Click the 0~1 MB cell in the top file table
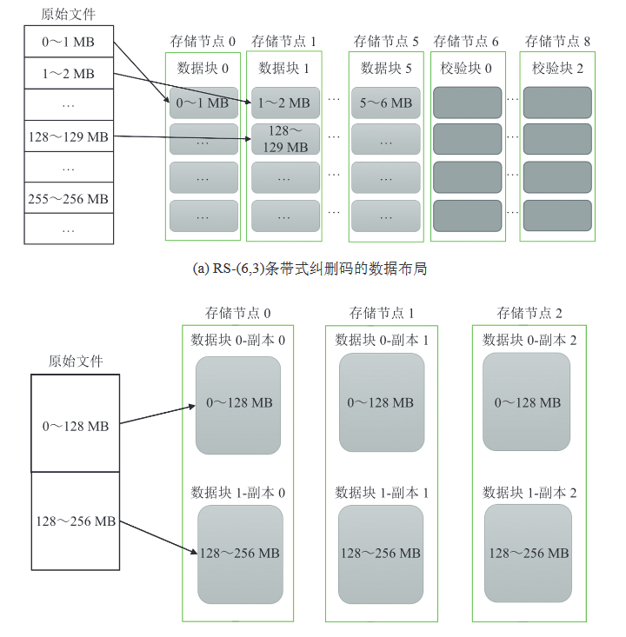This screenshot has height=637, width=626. pyautogui.click(x=68, y=42)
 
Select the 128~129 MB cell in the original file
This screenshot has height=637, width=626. pyautogui.click(x=68, y=136)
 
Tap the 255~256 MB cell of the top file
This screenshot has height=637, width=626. pyautogui.click(x=68, y=199)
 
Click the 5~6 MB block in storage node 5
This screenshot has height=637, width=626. pyautogui.click(x=385, y=103)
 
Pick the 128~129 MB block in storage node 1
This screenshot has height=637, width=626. pyautogui.click(x=286, y=139)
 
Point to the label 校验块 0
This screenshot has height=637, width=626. pyautogui.click(x=468, y=68)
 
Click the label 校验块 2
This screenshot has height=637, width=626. pyautogui.click(x=557, y=68)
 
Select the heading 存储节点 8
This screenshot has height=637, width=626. pyautogui.click(x=557, y=41)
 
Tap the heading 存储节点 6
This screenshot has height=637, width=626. pyautogui.click(x=466, y=41)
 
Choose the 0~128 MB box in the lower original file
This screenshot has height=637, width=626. pyautogui.click(x=75, y=426)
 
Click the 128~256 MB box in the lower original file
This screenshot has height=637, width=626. pyautogui.click(x=75, y=521)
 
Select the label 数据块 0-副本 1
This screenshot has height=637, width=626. pyautogui.click(x=382, y=341)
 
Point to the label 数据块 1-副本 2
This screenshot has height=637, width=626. pyautogui.click(x=529, y=493)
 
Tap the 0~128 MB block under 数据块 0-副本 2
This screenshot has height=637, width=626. pyautogui.click(x=527, y=402)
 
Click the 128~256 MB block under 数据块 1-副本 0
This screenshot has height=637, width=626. pyautogui.click(x=240, y=554)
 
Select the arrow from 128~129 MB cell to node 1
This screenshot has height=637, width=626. pyautogui.click(x=183, y=137)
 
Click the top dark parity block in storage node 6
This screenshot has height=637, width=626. pyautogui.click(x=468, y=103)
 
